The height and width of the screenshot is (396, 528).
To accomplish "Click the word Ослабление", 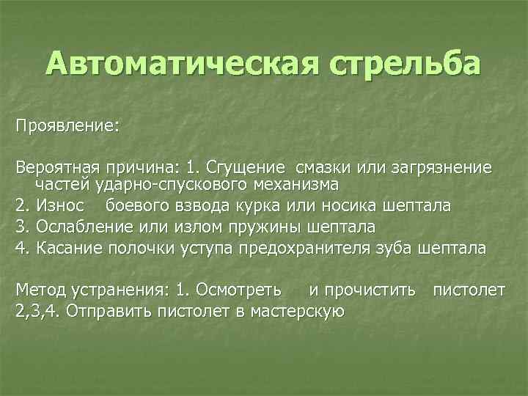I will point(79,226).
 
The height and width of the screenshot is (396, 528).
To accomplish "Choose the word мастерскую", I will point(298,310).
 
